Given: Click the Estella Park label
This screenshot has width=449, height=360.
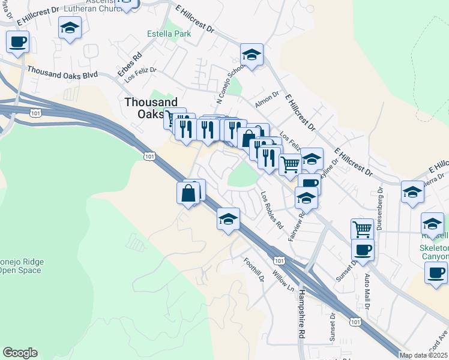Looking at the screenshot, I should pos(169,34).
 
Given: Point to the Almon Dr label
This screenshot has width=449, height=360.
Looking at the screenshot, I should pos(267,94).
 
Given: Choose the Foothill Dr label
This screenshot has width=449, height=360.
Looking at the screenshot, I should pos(254,270).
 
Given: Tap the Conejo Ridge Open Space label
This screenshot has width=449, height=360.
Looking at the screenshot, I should pos(21,266).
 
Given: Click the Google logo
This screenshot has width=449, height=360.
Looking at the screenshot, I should pos(20,353).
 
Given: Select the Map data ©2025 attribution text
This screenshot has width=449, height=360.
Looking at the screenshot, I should pos(424,355).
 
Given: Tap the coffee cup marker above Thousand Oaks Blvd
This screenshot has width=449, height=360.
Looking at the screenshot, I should pos(17,42).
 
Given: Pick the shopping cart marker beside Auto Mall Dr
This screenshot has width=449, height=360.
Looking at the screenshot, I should pos(362,229).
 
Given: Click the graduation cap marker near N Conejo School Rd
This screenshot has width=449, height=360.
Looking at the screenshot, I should pos(252,55).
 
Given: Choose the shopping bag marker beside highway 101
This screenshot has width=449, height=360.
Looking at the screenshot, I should pos(188,193).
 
